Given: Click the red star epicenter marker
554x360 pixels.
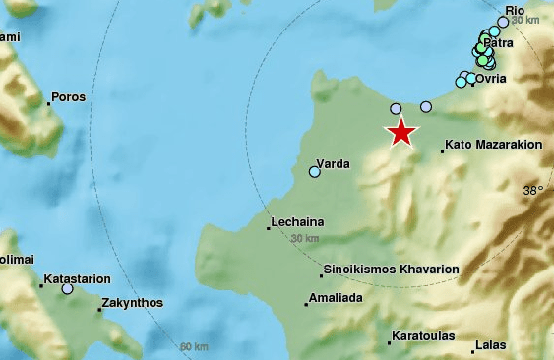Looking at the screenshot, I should click(x=401, y=132).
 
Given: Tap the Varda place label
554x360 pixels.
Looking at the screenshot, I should click(x=335, y=163).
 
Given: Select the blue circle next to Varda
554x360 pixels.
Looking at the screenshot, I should click(x=315, y=172).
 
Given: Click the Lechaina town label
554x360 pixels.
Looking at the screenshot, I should click(x=299, y=222).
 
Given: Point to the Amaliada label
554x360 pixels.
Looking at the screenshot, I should click(x=337, y=297).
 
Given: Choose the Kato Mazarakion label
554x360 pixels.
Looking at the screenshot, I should click(x=493, y=145).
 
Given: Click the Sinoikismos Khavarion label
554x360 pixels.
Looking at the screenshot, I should click(x=391, y=269).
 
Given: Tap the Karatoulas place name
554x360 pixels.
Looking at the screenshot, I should click(x=423, y=336).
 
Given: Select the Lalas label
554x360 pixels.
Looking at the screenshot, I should click(x=489, y=345).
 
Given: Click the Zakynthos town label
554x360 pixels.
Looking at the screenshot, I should click(x=133, y=303).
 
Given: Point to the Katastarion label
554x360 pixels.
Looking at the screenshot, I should click(x=77, y=279).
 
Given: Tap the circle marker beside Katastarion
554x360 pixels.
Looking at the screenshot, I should click(x=67, y=289).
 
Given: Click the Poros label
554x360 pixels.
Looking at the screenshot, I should click(x=69, y=97).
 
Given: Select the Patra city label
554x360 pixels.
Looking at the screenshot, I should click(x=501, y=42).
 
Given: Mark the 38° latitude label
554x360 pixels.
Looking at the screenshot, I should click(x=532, y=191).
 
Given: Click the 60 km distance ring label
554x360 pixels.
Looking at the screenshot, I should click(x=194, y=347).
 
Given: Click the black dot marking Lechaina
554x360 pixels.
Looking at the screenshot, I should click(x=269, y=229).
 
